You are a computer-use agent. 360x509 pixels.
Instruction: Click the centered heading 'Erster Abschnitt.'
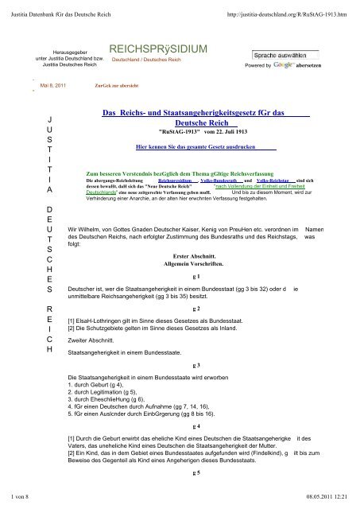tap(195, 258)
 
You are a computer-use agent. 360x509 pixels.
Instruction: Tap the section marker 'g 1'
tap(195, 274)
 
